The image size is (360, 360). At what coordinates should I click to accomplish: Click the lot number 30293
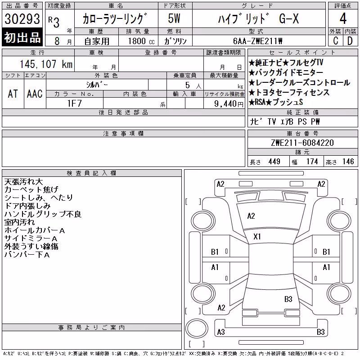click(22, 19)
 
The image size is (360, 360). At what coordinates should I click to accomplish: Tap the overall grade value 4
click(343, 18)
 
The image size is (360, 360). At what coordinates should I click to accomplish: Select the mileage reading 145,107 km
click(46, 64)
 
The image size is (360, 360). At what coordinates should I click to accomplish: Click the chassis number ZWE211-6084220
click(302, 143)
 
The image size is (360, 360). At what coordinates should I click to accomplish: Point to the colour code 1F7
click(74, 103)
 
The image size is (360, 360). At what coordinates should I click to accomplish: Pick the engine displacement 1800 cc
click(141, 41)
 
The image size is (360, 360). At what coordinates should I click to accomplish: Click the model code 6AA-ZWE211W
click(258, 41)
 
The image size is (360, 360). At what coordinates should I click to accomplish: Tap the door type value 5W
click(174, 18)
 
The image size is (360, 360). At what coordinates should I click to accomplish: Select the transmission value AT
click(13, 94)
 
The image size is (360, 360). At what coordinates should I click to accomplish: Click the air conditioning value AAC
click(35, 94)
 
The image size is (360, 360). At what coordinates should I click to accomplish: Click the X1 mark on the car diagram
click(257, 237)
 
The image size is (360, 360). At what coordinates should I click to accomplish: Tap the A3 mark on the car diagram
click(221, 332)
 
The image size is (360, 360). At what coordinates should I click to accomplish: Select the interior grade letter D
click(350, 41)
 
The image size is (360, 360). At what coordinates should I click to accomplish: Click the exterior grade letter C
click(336, 41)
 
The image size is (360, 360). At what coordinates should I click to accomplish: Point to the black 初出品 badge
click(22, 37)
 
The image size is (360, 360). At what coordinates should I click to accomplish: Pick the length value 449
click(274, 162)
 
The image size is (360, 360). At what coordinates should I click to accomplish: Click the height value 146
click(348, 162)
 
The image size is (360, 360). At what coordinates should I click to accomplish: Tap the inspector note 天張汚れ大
click(24, 182)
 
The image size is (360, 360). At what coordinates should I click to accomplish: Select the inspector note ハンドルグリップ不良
click(43, 214)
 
